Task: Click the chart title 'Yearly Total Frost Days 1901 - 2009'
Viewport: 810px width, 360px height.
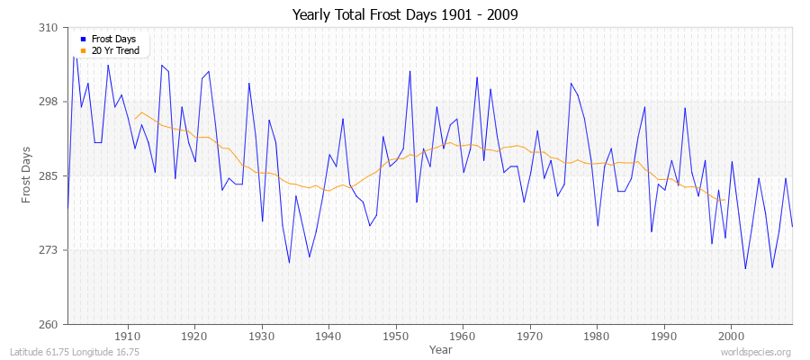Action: coord(405,15)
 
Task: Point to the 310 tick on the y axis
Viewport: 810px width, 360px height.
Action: coord(49,28)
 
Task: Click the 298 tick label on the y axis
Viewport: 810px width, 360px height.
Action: coord(49,102)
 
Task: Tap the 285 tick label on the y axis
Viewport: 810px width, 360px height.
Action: coord(49,175)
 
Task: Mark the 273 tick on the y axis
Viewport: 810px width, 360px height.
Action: coord(49,250)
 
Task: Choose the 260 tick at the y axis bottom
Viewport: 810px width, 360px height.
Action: coord(49,324)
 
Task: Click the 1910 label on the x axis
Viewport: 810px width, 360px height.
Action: coord(128,336)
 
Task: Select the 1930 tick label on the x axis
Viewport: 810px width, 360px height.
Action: coord(262,336)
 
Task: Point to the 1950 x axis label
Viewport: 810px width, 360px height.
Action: coord(396,336)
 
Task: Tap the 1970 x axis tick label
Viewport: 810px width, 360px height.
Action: coord(530,336)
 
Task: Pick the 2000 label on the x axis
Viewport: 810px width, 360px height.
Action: coord(732,336)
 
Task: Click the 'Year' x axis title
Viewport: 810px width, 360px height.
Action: coord(441,348)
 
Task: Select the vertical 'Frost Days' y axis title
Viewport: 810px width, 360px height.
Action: coord(26,175)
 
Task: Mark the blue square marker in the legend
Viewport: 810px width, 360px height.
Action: coord(83,40)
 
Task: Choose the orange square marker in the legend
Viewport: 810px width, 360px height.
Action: coord(83,51)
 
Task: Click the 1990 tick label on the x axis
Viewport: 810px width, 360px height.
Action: coord(664,336)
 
